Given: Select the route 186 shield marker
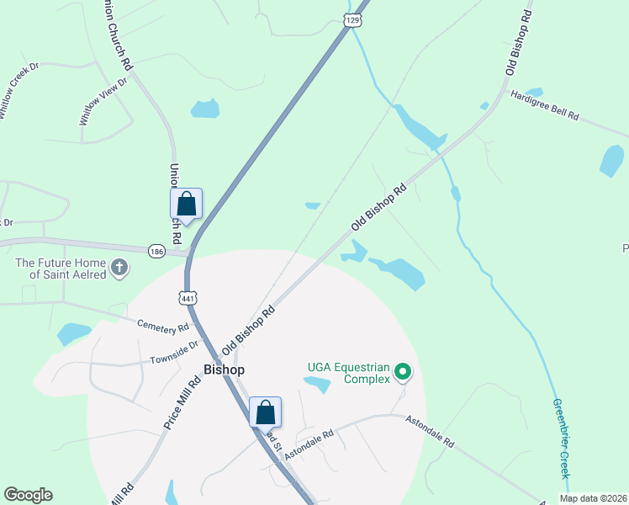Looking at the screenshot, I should (x=156, y=251).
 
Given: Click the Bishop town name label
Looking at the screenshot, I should (x=225, y=369).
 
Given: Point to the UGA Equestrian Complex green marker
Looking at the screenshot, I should (x=403, y=371).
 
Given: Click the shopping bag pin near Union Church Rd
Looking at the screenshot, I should (x=186, y=205).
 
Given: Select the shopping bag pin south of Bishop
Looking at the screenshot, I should (x=265, y=413).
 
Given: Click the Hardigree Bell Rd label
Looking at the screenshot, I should (x=545, y=104).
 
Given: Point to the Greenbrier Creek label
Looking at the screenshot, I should (x=561, y=438).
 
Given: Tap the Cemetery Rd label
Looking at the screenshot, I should (x=165, y=325).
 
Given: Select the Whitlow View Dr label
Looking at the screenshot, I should (x=102, y=101).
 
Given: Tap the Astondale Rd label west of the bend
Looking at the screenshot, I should (x=309, y=444).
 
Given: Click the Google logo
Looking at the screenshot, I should (x=28, y=495).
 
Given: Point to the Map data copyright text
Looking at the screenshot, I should (x=594, y=498).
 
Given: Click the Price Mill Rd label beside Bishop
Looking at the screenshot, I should (x=182, y=403).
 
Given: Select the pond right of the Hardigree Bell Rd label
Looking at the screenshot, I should (x=611, y=159).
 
